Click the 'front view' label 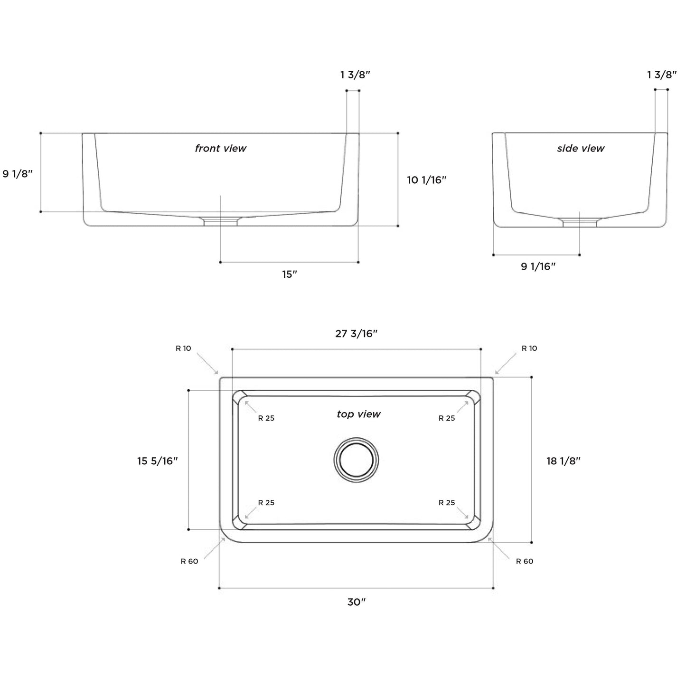[x=221, y=149]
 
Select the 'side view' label [x=581, y=149]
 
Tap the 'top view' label [x=358, y=414]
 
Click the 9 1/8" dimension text [x=18, y=174]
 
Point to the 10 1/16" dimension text [x=427, y=180]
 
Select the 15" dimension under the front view [x=289, y=274]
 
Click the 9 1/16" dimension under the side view [x=538, y=267]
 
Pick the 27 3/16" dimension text [x=356, y=334]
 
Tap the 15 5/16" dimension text [x=158, y=460]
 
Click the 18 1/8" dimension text [x=564, y=460]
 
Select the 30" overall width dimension [x=356, y=602]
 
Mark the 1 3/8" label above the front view [x=355, y=75]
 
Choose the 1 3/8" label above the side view [x=662, y=75]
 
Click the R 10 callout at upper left [x=183, y=348]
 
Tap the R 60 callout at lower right [x=525, y=562]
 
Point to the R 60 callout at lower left [x=189, y=562]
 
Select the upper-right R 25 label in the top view [x=447, y=418]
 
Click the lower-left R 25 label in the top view [x=266, y=503]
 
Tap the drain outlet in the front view [x=221, y=221]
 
